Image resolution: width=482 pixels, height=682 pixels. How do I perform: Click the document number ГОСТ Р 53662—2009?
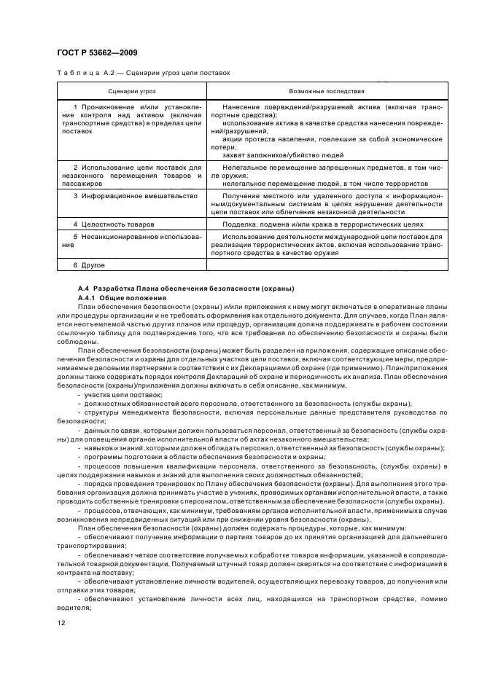click(x=97, y=53)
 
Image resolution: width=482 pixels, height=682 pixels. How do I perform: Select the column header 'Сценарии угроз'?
click(x=129, y=92)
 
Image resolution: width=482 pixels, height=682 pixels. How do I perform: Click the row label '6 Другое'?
click(x=90, y=265)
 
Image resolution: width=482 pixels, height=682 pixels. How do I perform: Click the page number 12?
click(x=61, y=622)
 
